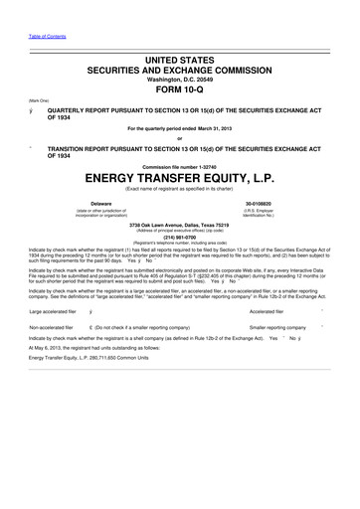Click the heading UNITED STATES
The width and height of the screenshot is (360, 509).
tap(180, 62)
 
